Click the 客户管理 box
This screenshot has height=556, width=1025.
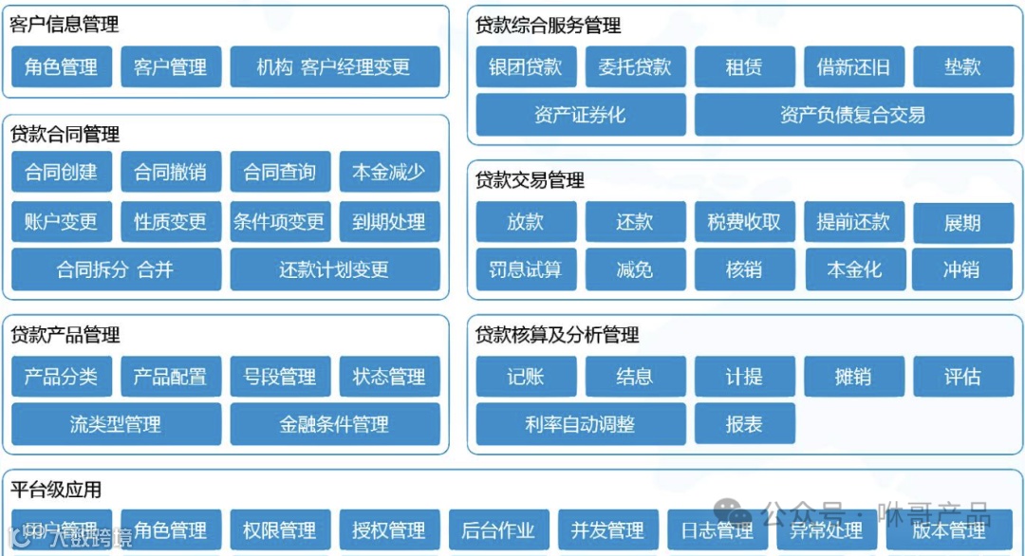point(170,67)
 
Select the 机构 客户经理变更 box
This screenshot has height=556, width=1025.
point(334,67)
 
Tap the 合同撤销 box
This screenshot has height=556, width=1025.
point(170,172)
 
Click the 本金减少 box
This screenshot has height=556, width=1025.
point(389,172)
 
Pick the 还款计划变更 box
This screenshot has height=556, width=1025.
point(334,269)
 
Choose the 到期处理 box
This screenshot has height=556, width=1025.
point(389,222)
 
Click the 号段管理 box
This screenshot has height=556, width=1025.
point(280,377)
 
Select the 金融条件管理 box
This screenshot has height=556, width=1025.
point(334,424)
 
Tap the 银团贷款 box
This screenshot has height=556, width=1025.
point(525,67)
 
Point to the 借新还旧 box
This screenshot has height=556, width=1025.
point(853,67)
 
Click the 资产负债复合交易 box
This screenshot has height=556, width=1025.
point(852,115)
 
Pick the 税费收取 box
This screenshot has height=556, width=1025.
point(744,222)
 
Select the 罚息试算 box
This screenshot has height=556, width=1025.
point(525,269)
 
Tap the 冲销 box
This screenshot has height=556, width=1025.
point(961,269)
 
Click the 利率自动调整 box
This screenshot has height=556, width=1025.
point(580,424)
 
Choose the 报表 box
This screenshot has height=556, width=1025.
point(744,424)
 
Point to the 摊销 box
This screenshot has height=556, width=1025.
point(853,377)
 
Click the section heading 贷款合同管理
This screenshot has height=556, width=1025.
point(65,135)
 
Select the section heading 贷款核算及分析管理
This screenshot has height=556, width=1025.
point(557,335)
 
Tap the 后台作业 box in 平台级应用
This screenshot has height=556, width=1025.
point(498,530)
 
